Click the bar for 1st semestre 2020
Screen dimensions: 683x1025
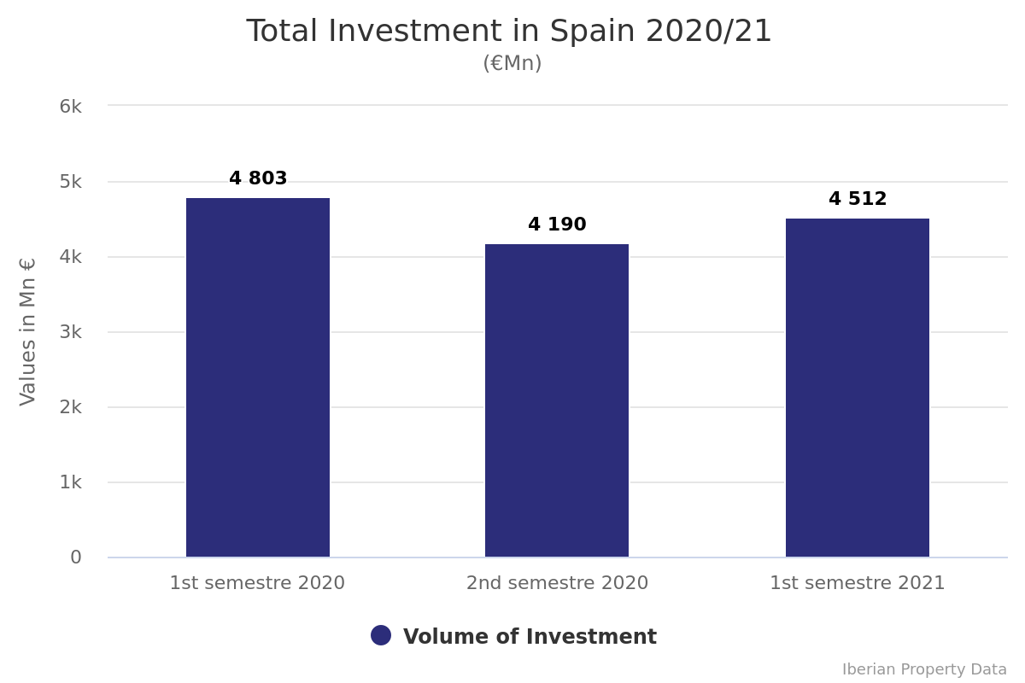(x=258, y=377)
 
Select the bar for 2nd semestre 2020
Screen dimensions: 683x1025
(x=557, y=400)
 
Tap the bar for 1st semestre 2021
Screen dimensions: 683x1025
(x=858, y=388)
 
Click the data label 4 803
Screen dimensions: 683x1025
(x=258, y=179)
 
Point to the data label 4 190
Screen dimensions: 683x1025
(x=557, y=225)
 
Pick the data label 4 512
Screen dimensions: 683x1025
(x=858, y=200)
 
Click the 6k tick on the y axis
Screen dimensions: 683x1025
(x=70, y=107)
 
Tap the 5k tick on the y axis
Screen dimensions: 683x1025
(x=70, y=182)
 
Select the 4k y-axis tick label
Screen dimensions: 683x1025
(x=70, y=257)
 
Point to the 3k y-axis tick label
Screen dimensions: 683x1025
(x=70, y=332)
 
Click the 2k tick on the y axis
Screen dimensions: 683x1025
(x=70, y=407)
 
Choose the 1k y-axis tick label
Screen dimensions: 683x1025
(x=70, y=482)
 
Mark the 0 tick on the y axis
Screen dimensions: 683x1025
(x=76, y=557)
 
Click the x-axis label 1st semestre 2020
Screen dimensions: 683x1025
(x=257, y=583)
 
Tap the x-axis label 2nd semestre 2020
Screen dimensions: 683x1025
(x=557, y=583)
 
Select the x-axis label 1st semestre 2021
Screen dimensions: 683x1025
(x=858, y=583)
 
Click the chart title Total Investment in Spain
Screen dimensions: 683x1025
(x=509, y=32)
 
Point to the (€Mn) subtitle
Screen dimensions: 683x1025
(x=512, y=64)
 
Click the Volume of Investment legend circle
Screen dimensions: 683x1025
(x=381, y=635)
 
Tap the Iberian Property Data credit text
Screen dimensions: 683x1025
(x=924, y=669)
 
